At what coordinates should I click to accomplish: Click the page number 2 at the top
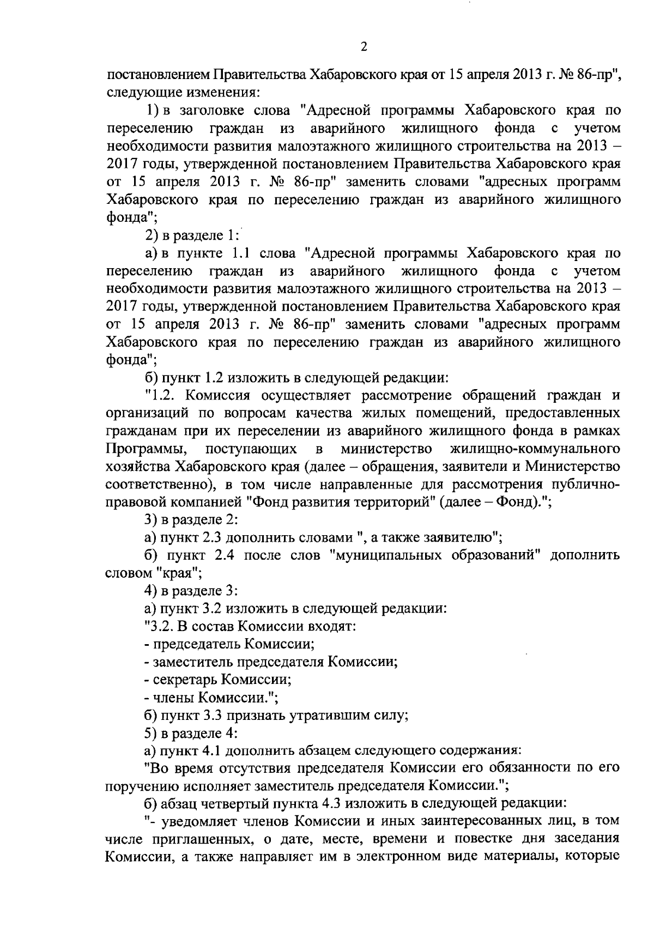pos(364,47)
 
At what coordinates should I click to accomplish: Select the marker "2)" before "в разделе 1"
pos(151,235)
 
